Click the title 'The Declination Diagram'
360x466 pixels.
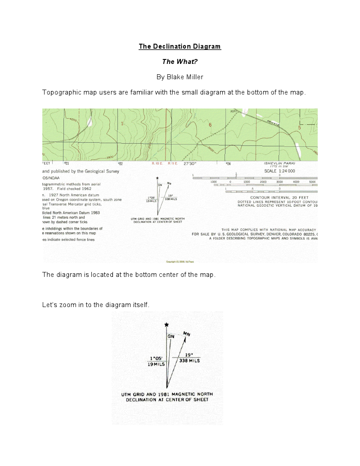point(180,46)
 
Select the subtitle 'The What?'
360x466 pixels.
point(180,62)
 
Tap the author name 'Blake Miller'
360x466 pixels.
point(185,77)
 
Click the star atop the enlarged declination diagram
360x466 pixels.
point(167,325)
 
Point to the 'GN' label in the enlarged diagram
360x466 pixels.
point(171,336)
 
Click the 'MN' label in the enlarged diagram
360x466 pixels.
point(187,335)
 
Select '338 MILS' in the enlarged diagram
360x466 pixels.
point(189,361)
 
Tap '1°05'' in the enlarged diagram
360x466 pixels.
point(157,359)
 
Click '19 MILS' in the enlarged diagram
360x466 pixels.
point(157,364)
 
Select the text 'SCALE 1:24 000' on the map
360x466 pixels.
point(279,171)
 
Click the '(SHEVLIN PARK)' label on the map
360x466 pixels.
point(279,164)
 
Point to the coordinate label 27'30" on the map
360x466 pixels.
point(191,164)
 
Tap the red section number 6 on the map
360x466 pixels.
point(210,124)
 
